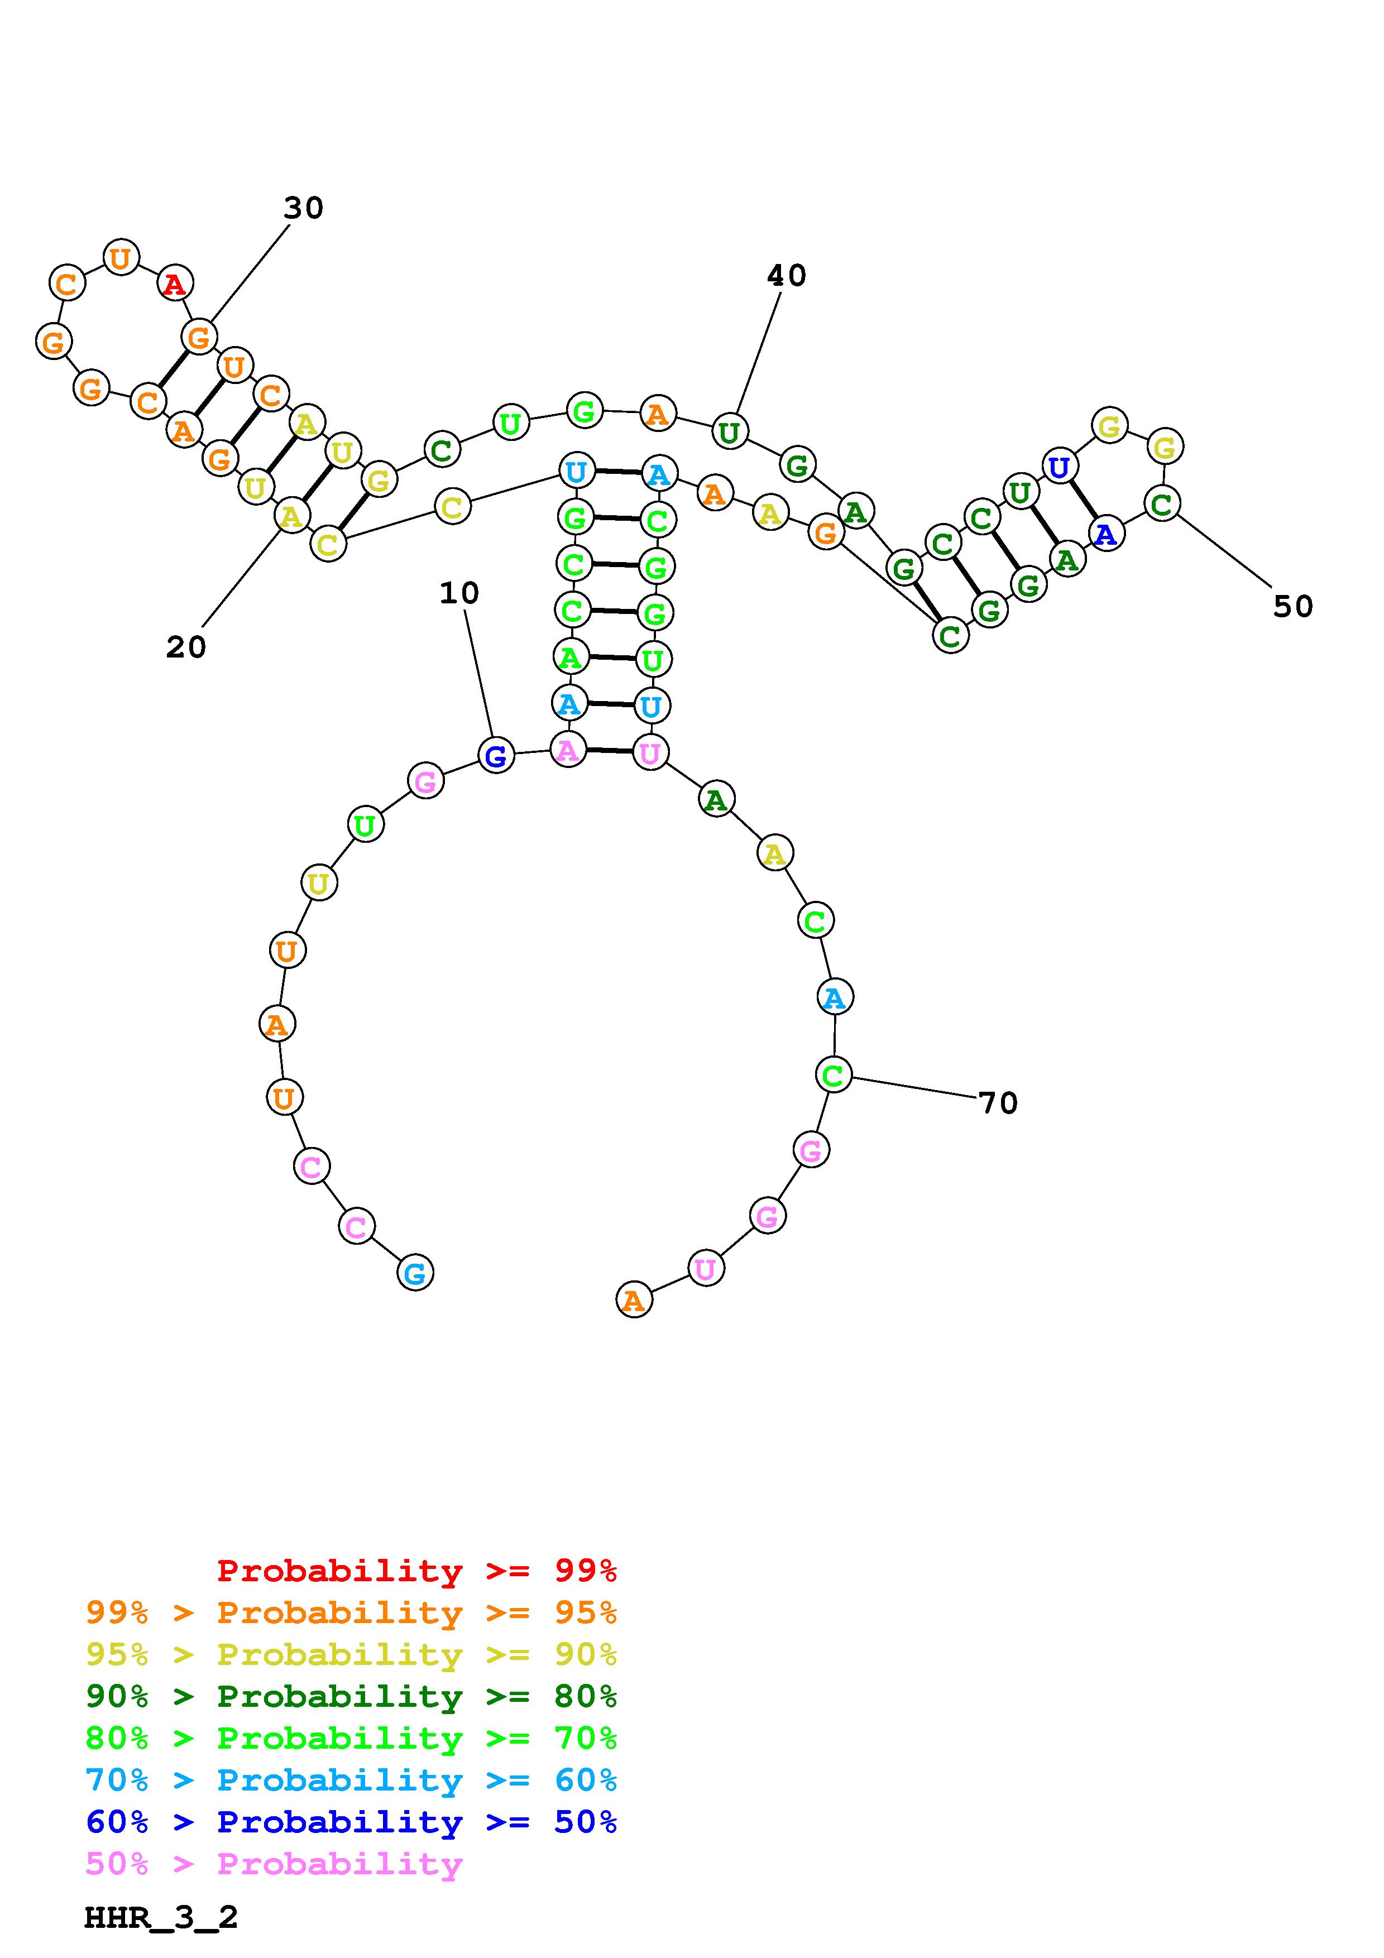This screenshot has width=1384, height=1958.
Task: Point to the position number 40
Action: pos(786,276)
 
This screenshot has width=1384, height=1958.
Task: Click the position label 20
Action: pos(186,647)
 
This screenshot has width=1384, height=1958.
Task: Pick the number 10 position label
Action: pos(459,593)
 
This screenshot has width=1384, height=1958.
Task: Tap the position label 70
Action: pos(998,1103)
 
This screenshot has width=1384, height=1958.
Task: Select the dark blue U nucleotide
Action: pos(1059,467)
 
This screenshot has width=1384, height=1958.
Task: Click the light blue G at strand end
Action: pos(415,1273)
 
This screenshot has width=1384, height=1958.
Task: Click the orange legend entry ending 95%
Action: pos(351,1612)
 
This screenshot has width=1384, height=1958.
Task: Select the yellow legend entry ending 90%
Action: pos(351,1654)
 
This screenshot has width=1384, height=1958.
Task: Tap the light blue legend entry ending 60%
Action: pos(351,1780)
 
